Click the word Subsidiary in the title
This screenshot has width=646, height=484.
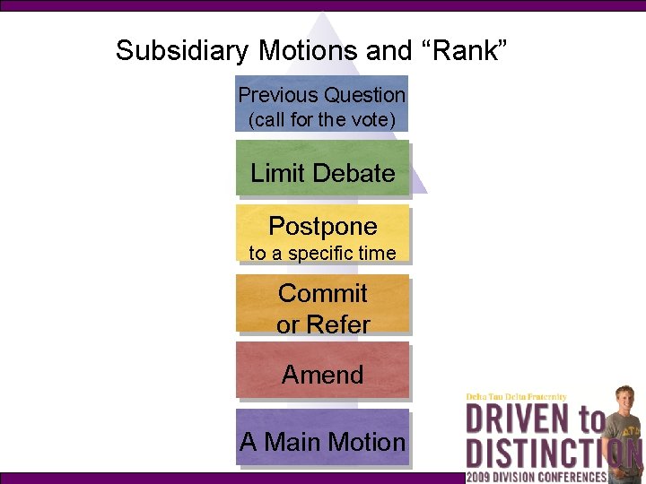pos(170,50)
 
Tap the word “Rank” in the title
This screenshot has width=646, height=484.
pos(465,50)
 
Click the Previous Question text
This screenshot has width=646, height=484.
pos(321,94)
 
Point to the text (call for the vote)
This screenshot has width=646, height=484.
pos(321,119)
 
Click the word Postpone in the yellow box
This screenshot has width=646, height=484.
pos(323,226)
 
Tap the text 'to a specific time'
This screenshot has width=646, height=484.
pos(322,254)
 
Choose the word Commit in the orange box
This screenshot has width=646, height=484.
pos(323,293)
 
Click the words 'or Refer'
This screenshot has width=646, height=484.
pos(323,324)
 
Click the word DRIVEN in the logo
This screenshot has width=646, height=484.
pos(517,419)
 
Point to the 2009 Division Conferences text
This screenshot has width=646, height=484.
pos(537,476)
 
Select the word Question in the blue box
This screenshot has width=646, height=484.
pos(364,94)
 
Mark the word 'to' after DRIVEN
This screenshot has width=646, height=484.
pos(589,419)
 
